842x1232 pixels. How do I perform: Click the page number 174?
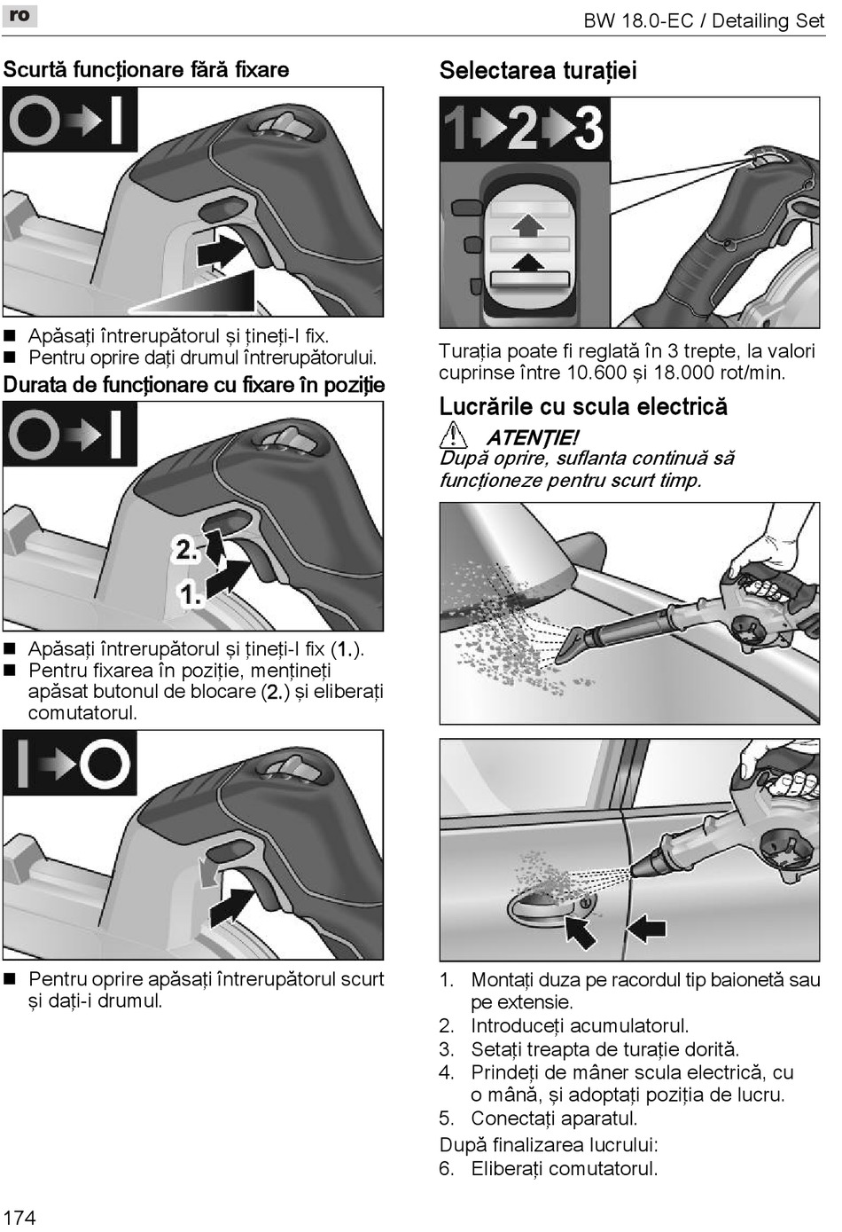19,1216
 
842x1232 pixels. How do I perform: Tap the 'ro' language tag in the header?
19,15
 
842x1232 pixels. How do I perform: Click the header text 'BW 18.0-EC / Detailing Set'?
703,20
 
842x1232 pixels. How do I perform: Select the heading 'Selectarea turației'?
537,71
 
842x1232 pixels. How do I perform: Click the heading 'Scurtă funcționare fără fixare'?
146,70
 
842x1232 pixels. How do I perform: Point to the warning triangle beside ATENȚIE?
453,436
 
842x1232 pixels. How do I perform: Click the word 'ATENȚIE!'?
532,437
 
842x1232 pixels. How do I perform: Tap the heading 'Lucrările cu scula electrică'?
583,406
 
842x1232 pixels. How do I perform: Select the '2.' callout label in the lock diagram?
185,549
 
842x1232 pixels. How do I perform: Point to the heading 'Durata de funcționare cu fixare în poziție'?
194,385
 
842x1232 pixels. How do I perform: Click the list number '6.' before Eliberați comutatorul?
447,1168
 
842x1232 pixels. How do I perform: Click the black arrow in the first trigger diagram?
222,251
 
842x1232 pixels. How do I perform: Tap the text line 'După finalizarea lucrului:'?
549,1144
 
